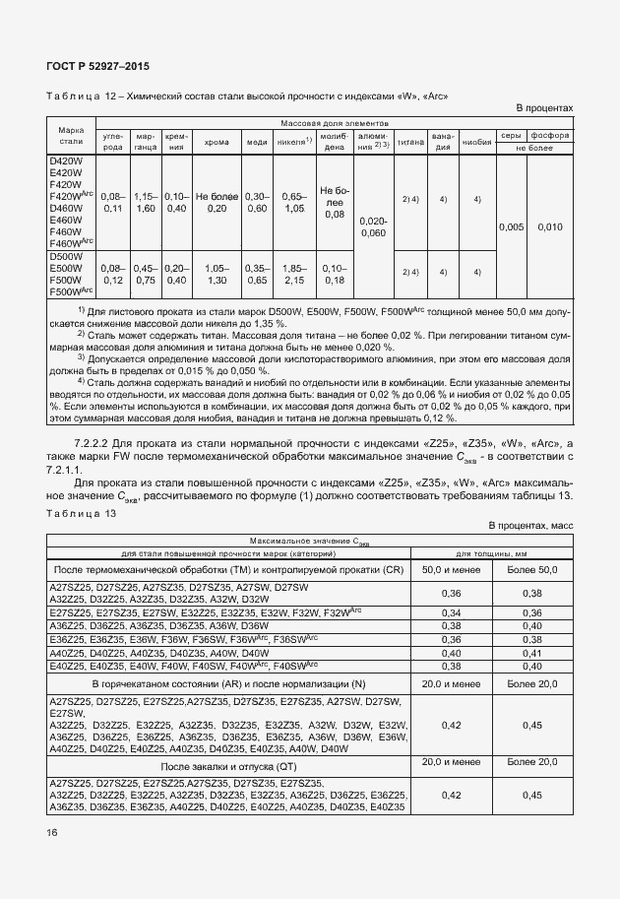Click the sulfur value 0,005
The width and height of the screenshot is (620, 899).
coord(511,227)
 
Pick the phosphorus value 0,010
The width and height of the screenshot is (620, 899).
coord(550,227)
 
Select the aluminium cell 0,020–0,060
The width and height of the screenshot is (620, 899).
coord(373,227)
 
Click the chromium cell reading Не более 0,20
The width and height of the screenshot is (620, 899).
coord(217,202)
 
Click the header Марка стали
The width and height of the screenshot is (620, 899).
coord(70,136)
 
